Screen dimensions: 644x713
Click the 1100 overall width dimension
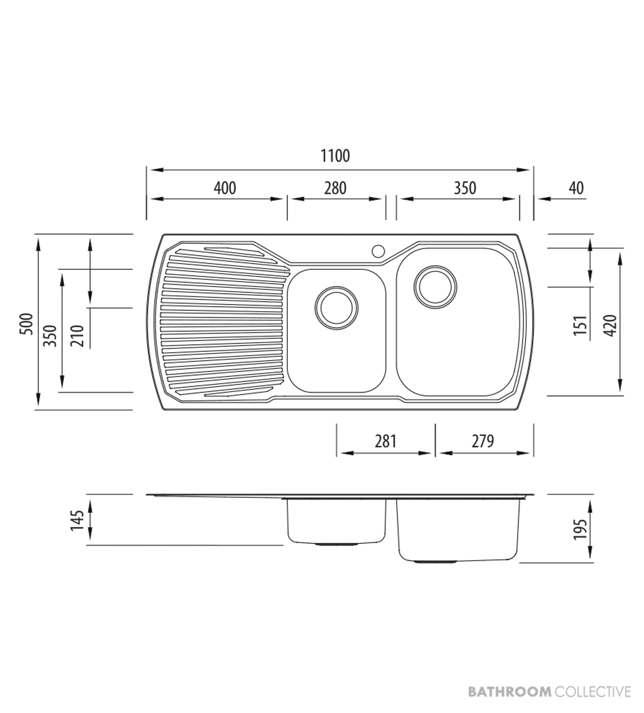pyautogui.click(x=335, y=156)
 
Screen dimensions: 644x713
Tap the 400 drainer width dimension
pyautogui.click(x=225, y=188)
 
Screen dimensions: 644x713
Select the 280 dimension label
pyautogui.click(x=335, y=188)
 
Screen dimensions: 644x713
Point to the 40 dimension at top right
pyautogui.click(x=576, y=188)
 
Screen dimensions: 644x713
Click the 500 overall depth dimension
pyautogui.click(x=27, y=324)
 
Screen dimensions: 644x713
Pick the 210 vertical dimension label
pyautogui.click(x=77, y=336)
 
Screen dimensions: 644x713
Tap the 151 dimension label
pyautogui.click(x=580, y=325)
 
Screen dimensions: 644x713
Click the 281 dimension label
pyautogui.click(x=385, y=441)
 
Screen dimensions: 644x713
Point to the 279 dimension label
pyautogui.click(x=483, y=441)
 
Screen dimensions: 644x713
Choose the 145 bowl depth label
pyautogui.click(x=77, y=520)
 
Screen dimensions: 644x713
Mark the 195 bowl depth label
pyautogui.click(x=580, y=529)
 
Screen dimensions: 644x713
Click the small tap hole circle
pyautogui.click(x=378, y=251)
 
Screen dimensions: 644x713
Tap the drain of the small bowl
pyautogui.click(x=336, y=308)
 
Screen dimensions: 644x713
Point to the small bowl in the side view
pyautogui.click(x=336, y=522)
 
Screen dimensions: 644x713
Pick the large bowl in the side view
pyautogui.click(x=458, y=530)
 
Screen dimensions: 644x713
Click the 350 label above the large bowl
pyautogui.click(x=465, y=188)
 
